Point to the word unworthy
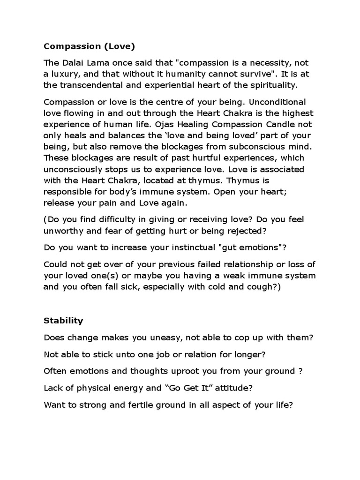click(x=63, y=230)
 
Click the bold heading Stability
click(x=63, y=321)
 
